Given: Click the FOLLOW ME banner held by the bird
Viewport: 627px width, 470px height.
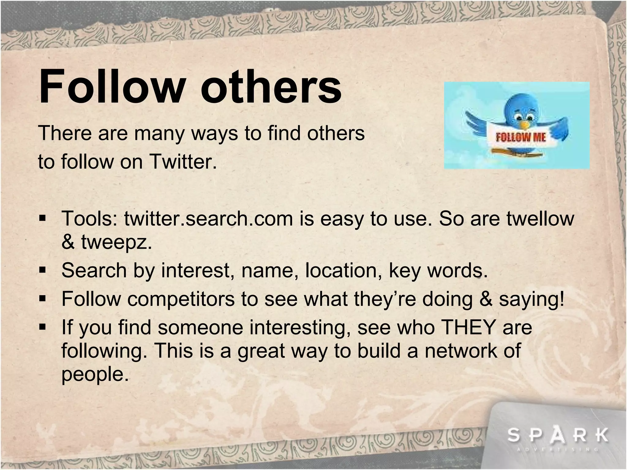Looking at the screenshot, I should (520, 137).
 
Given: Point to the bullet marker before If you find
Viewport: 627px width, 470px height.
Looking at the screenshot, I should (42, 327).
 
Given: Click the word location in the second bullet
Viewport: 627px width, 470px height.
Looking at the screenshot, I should (343, 271).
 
